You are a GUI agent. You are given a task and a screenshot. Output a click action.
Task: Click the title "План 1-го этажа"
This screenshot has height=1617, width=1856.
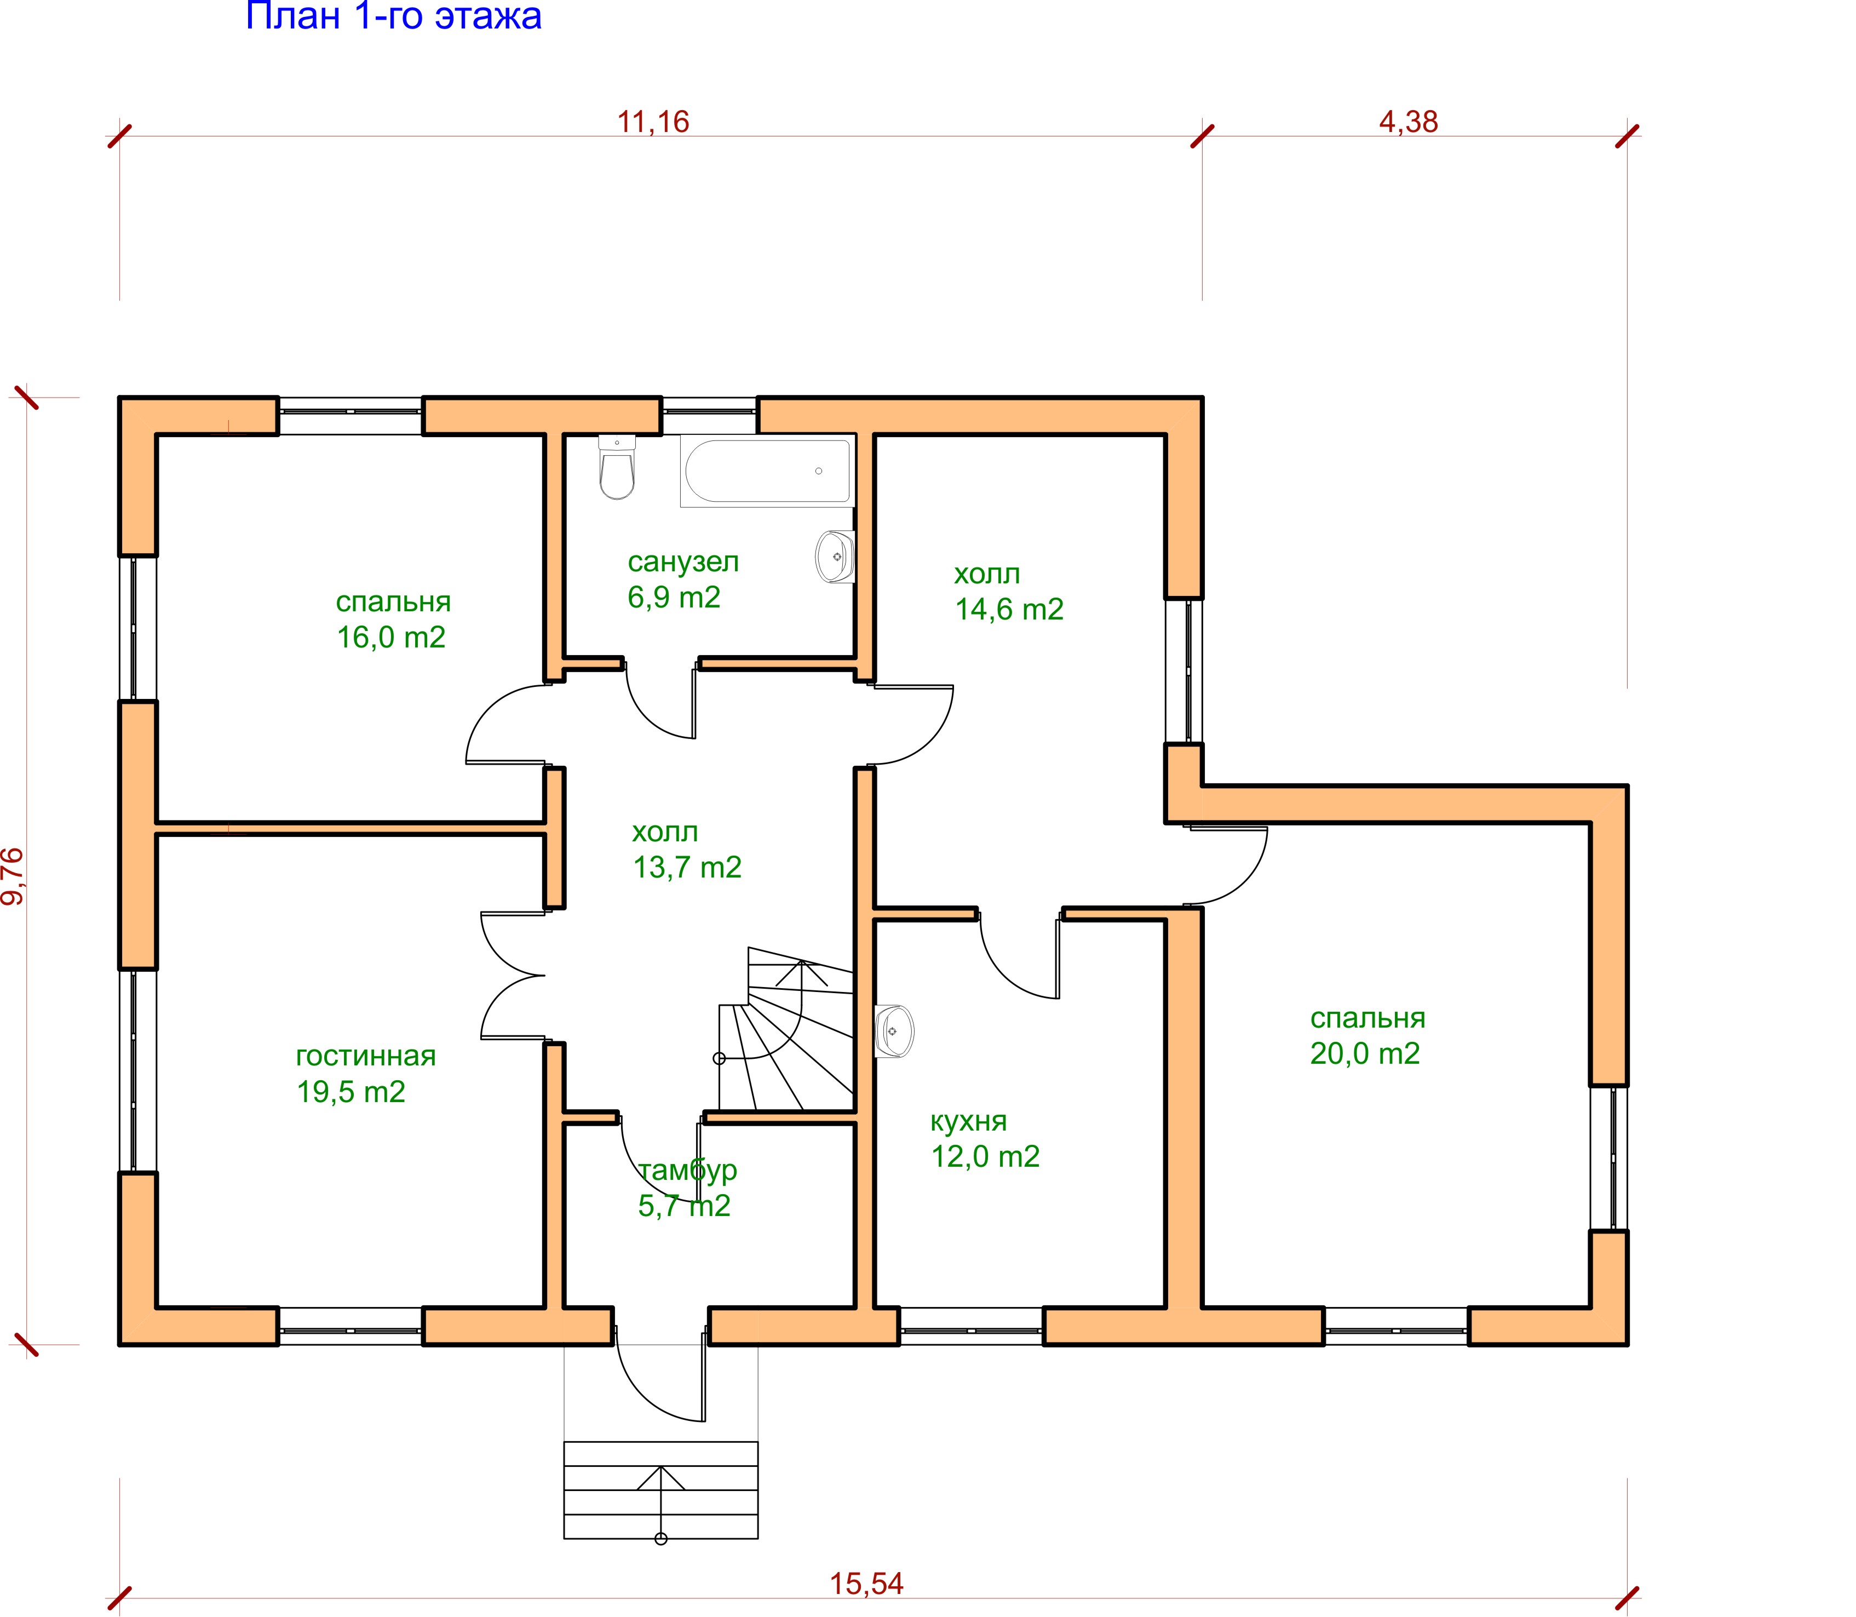[393, 16]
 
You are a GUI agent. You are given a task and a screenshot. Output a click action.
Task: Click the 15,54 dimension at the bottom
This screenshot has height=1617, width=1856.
[866, 1584]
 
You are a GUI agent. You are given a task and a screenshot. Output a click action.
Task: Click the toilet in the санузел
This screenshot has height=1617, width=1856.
[617, 467]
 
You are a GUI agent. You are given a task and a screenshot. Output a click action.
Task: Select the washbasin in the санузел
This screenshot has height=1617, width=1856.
[836, 557]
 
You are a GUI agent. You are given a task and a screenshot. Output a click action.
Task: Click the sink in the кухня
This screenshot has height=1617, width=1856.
[894, 1030]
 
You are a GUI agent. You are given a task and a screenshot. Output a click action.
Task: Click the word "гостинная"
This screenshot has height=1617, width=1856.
[365, 1056]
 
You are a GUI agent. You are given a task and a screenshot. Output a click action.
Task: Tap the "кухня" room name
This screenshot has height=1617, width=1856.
[968, 1122]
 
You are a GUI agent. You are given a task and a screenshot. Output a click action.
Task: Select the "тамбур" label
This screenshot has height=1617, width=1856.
[687, 1171]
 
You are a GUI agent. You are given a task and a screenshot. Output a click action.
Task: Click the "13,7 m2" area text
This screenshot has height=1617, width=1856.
[687, 867]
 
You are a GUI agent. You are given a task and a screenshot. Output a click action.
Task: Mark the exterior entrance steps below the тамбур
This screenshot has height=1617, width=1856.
[660, 1490]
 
